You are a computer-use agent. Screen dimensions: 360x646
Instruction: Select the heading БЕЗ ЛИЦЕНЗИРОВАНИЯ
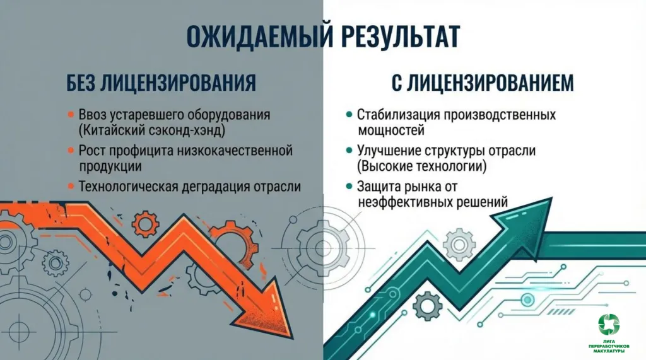coord(161,83)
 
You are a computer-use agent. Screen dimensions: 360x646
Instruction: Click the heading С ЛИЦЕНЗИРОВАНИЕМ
coord(469,83)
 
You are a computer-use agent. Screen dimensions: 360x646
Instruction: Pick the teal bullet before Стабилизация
coord(349,116)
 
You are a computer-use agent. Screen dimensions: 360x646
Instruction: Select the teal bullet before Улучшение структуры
coord(349,151)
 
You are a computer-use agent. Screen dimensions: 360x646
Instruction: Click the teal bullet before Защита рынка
coord(349,187)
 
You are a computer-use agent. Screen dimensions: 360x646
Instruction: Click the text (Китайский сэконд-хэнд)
coord(152,131)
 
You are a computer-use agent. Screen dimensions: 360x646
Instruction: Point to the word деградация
coord(230,187)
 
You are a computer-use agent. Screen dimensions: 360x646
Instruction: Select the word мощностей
coord(391,131)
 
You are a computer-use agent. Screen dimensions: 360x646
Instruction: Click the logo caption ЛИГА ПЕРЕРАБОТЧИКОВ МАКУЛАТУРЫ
coord(609,346)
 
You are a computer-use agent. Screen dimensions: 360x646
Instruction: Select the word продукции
coord(110,166)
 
